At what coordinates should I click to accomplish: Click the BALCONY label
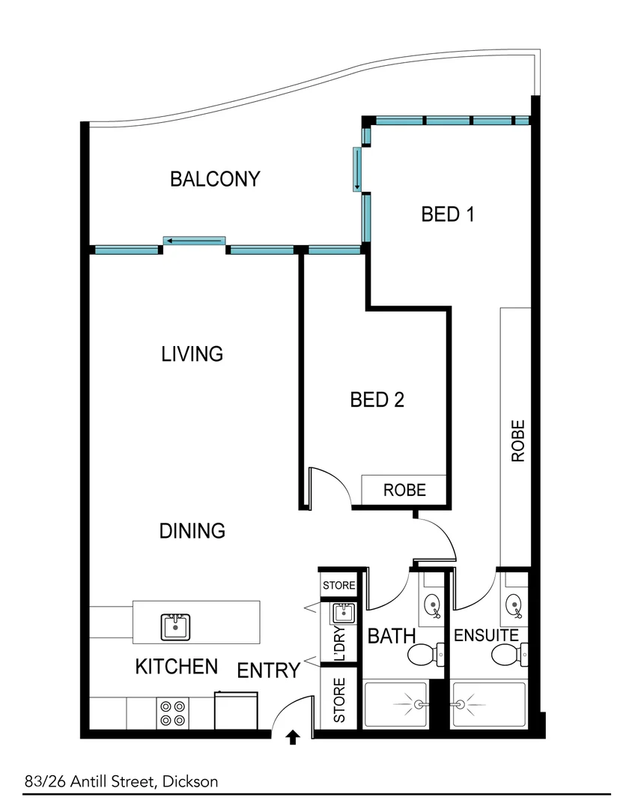click(215, 179)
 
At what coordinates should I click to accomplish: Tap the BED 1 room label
click(449, 215)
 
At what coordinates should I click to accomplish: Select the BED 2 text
click(377, 400)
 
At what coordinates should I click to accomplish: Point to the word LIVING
click(192, 354)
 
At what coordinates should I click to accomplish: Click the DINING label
click(192, 531)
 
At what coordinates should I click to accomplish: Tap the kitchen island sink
click(176, 626)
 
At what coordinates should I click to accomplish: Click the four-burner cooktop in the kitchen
click(173, 712)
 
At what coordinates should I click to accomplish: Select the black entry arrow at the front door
click(293, 739)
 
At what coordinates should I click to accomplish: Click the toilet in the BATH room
click(425, 656)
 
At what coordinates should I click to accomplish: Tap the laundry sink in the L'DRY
click(343, 613)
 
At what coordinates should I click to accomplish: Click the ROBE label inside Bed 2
click(404, 491)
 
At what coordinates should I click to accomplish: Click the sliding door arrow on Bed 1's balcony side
click(358, 169)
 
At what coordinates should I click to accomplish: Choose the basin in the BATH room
click(433, 603)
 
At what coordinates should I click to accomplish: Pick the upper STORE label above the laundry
click(338, 585)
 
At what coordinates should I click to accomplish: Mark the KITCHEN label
click(177, 667)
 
